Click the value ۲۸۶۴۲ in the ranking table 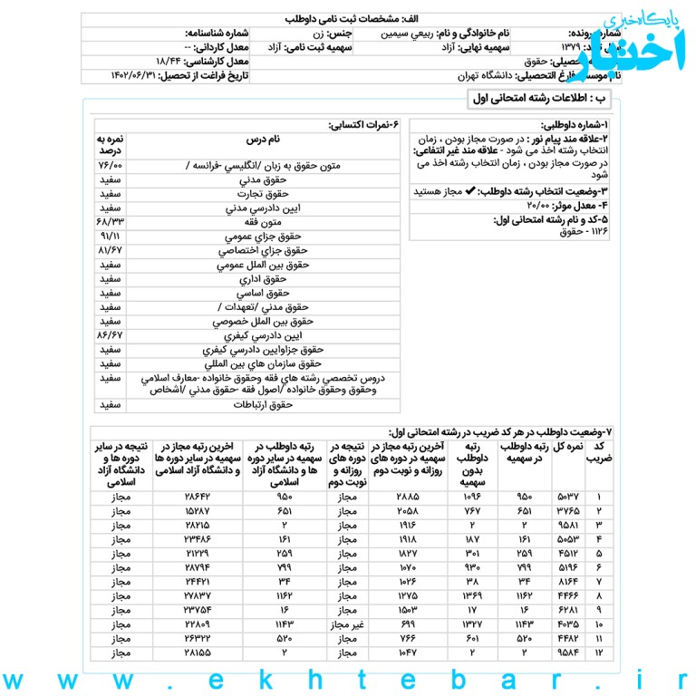coord(198,498)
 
